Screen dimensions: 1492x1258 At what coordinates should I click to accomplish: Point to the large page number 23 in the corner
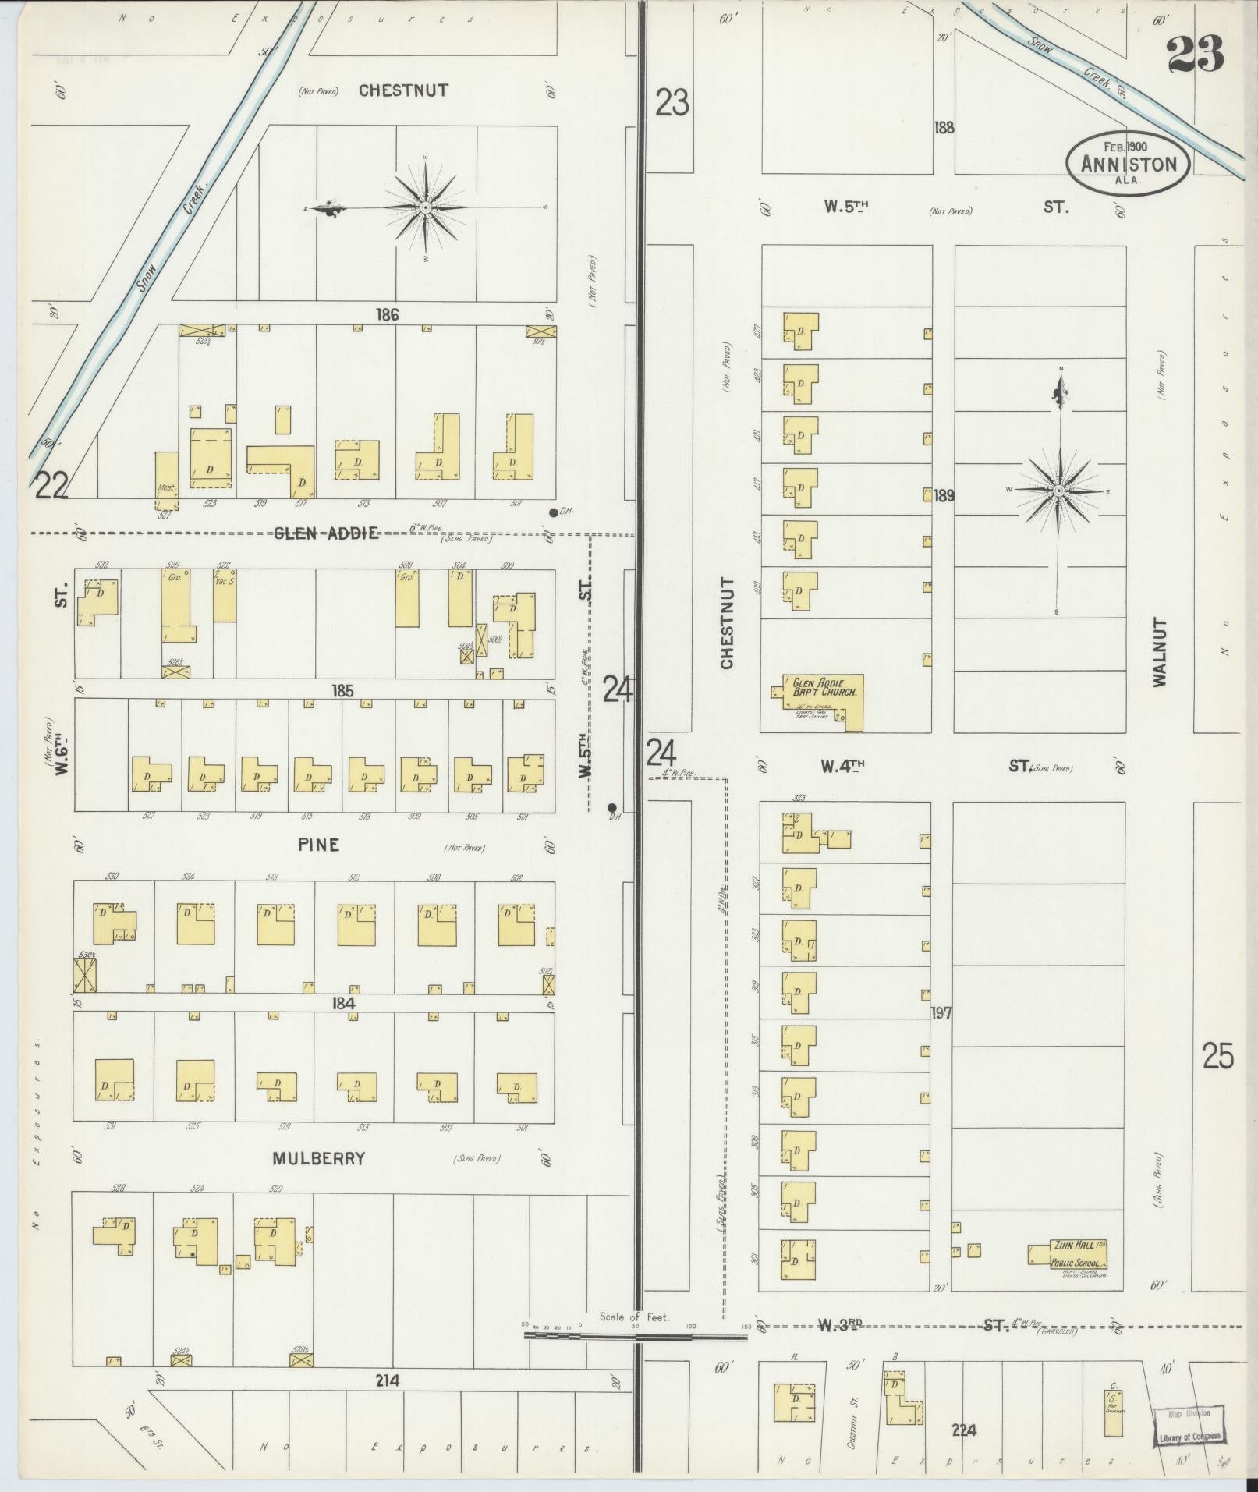point(1195,54)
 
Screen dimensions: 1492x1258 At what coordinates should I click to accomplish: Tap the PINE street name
point(318,845)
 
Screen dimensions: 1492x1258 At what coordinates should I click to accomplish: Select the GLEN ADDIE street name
point(326,533)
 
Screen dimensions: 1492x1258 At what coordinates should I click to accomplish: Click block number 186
point(387,315)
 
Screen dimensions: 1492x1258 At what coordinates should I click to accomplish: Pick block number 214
point(387,1380)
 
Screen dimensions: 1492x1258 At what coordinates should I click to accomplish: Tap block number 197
point(941,1013)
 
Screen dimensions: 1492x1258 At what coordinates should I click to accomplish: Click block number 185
point(342,690)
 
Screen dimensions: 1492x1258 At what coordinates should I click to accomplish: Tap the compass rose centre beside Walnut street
point(1059,491)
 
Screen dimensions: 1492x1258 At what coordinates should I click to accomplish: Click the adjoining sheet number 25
point(1217,1057)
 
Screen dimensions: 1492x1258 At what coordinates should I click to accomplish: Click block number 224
point(964,1430)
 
